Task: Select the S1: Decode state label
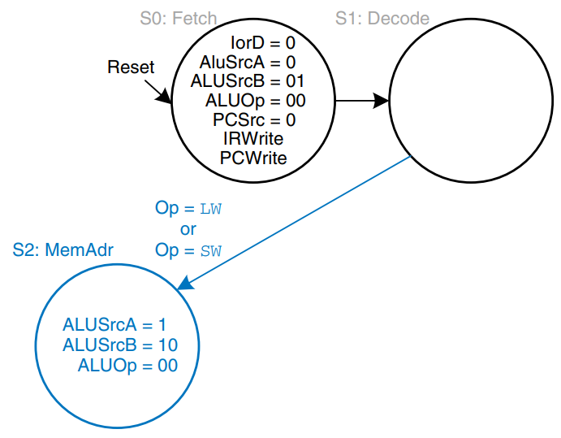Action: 382,17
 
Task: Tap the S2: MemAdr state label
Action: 63,249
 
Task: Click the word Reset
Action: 131,67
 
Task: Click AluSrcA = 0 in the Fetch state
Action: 247,62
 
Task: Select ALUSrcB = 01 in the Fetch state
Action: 247,81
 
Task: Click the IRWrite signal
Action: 253,139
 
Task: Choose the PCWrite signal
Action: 253,158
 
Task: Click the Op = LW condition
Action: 188,208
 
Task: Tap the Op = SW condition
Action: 188,250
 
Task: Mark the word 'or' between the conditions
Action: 188,229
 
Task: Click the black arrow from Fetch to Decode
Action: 361,102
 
